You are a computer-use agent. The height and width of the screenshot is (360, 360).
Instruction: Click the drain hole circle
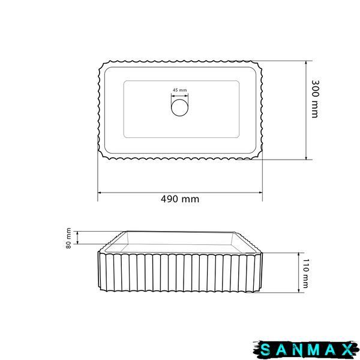[x=180, y=107]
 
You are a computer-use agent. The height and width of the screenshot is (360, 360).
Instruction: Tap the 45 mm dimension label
[x=180, y=90]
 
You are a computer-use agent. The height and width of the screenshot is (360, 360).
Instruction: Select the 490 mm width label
[x=180, y=199]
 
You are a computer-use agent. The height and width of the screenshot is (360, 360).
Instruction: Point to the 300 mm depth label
[x=315, y=99]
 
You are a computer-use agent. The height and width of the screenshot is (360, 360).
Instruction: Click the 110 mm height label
[x=306, y=273]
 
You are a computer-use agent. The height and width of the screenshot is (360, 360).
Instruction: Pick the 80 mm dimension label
[x=68, y=238]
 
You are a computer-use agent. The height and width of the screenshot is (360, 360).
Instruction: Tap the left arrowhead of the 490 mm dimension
[x=100, y=193]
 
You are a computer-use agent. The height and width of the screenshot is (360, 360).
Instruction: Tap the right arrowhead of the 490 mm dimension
[x=260, y=193]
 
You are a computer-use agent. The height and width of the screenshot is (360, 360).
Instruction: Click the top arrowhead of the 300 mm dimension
[x=306, y=63]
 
